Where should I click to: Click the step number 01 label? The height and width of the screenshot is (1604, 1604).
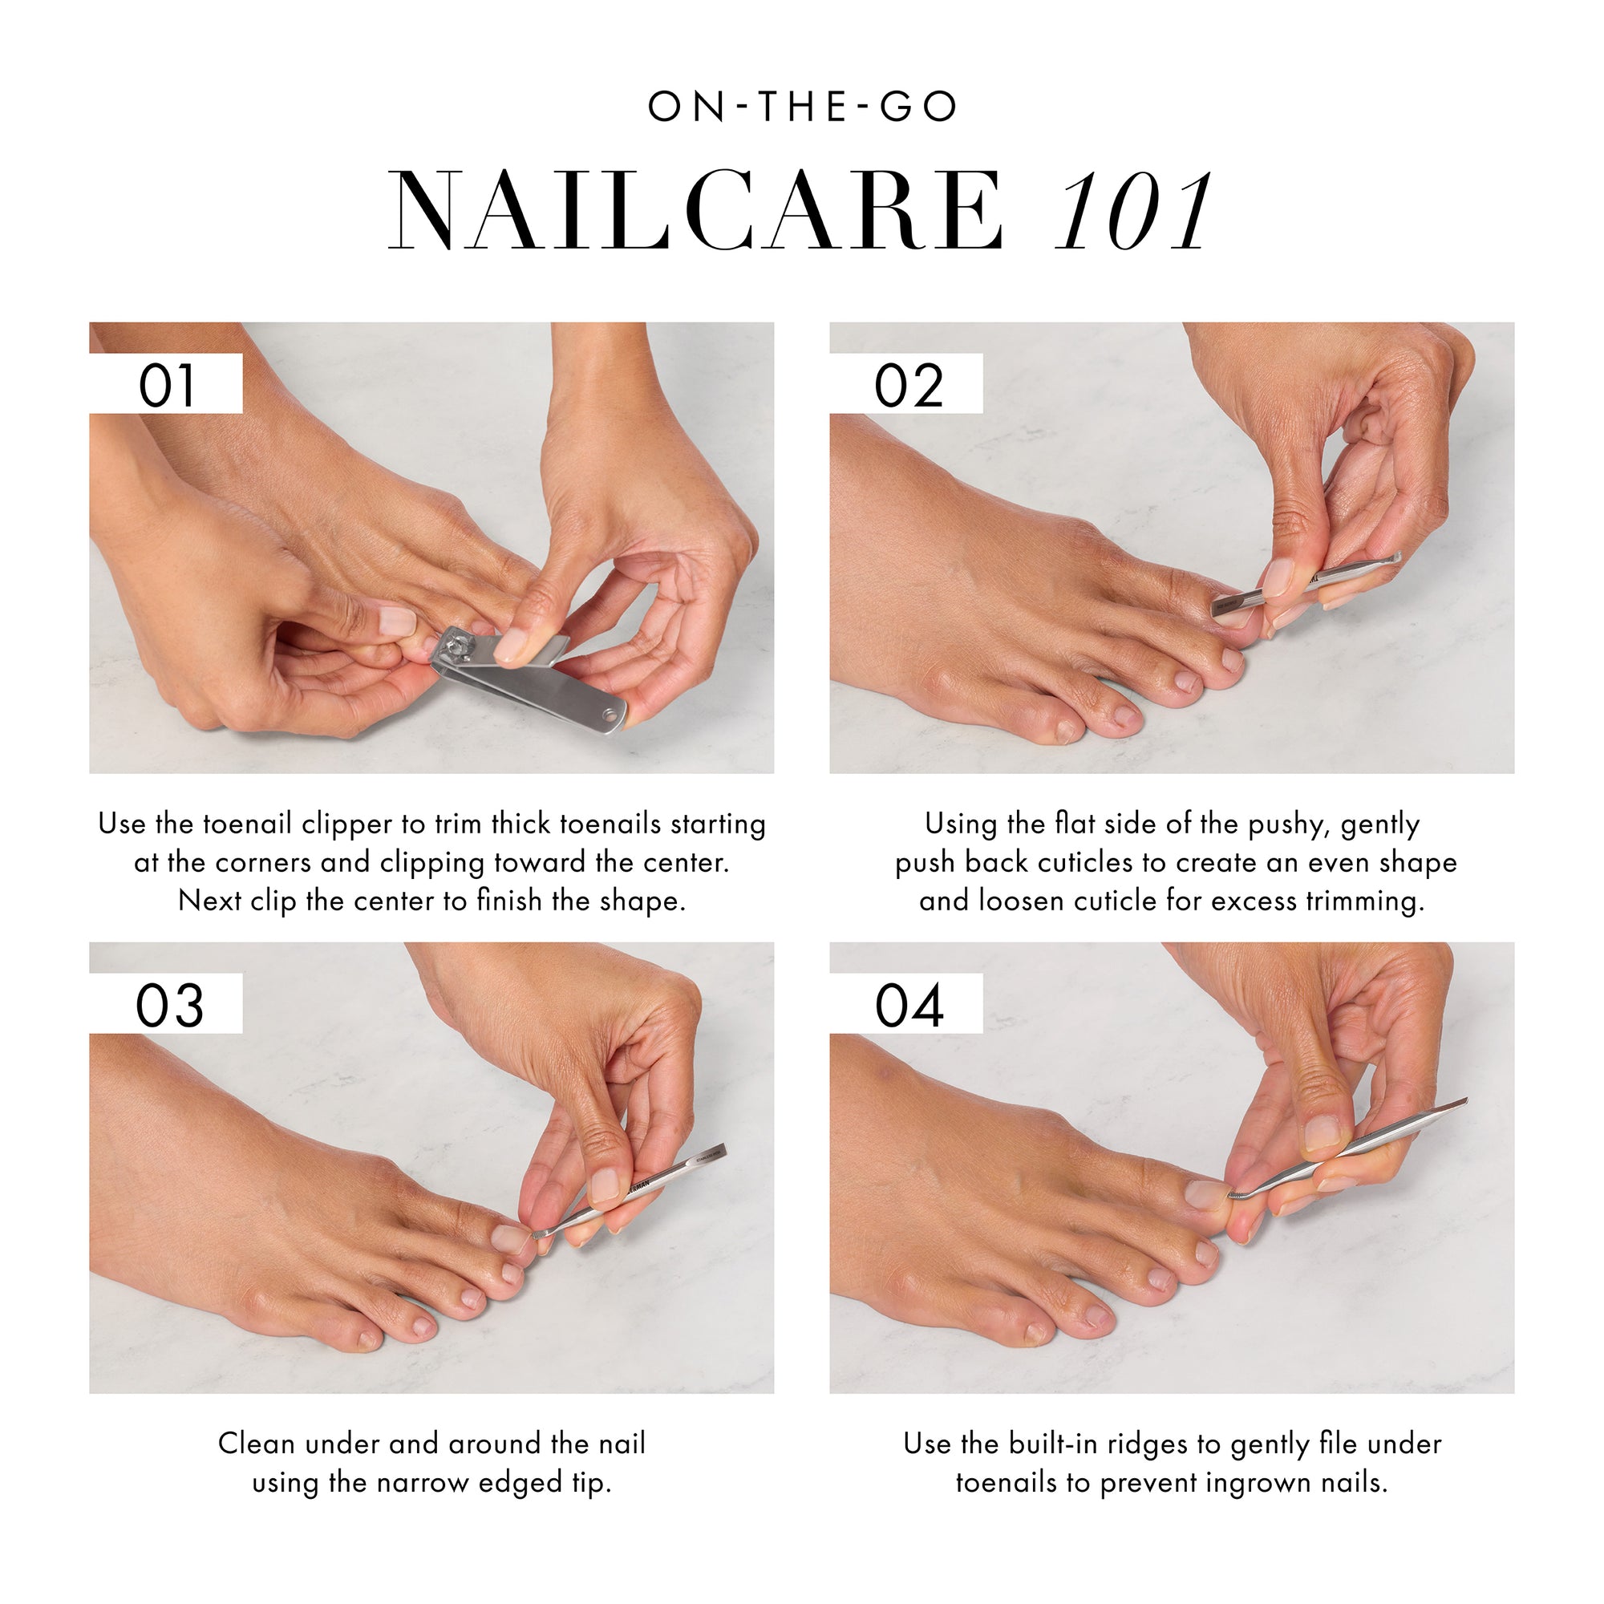pyautogui.click(x=166, y=385)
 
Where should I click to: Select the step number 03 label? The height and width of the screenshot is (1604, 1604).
pyautogui.click(x=168, y=1006)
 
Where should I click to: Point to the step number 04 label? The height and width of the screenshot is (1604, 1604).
pyautogui.click(x=909, y=1006)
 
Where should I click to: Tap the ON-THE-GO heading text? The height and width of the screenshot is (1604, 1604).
pyautogui.click(x=802, y=107)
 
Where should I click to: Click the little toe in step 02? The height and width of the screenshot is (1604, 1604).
pyautogui.click(x=1066, y=729)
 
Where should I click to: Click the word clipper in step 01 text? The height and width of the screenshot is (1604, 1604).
pyautogui.click(x=346, y=824)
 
